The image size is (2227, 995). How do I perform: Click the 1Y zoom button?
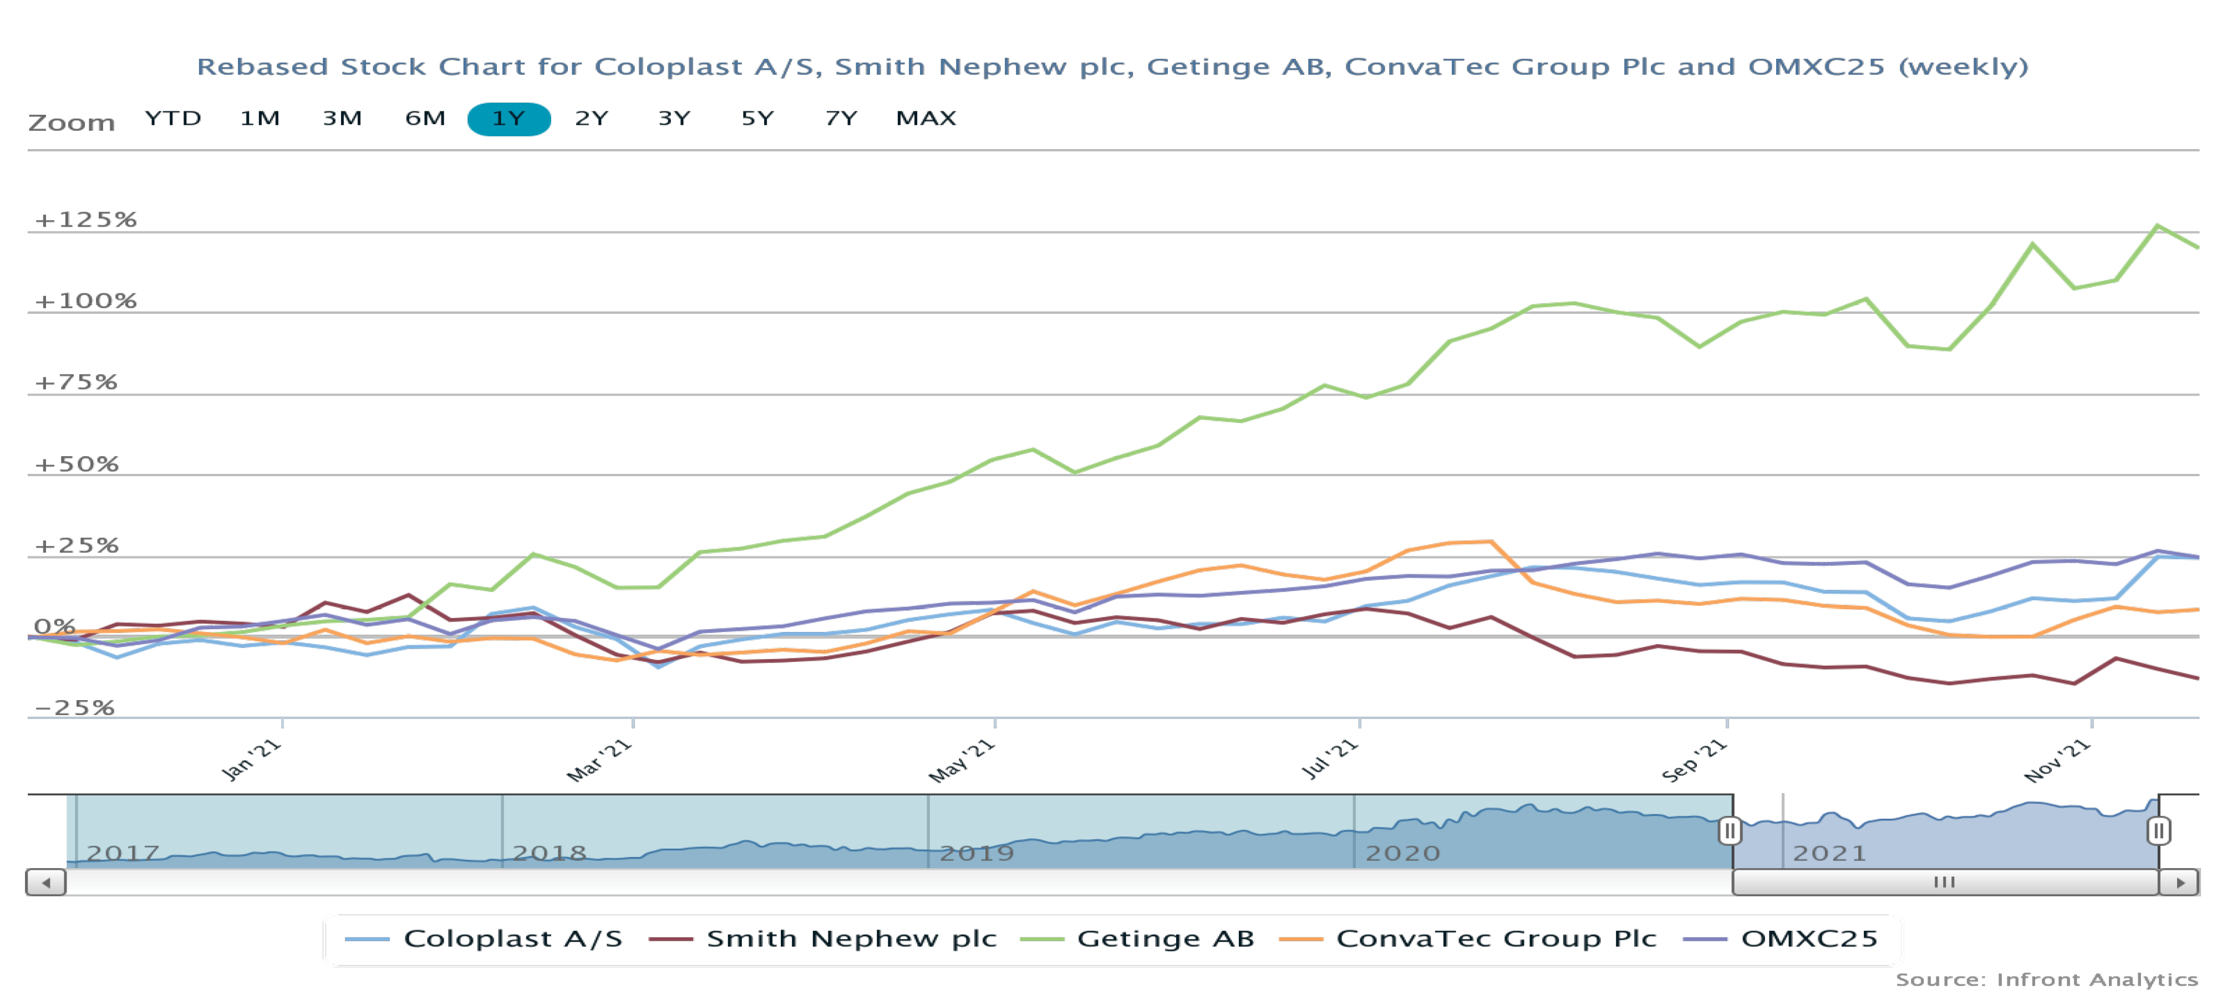[x=509, y=119]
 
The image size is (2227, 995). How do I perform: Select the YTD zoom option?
[x=173, y=119]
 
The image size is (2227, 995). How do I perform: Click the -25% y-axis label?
[x=74, y=708]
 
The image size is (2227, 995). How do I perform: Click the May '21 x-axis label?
[x=962, y=761]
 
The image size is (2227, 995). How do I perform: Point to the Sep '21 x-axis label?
[x=1695, y=761]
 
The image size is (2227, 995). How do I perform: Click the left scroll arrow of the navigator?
[x=46, y=882]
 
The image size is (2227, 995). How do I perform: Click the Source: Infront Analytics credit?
[x=2046, y=979]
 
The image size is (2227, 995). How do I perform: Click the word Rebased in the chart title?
[x=262, y=67]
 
